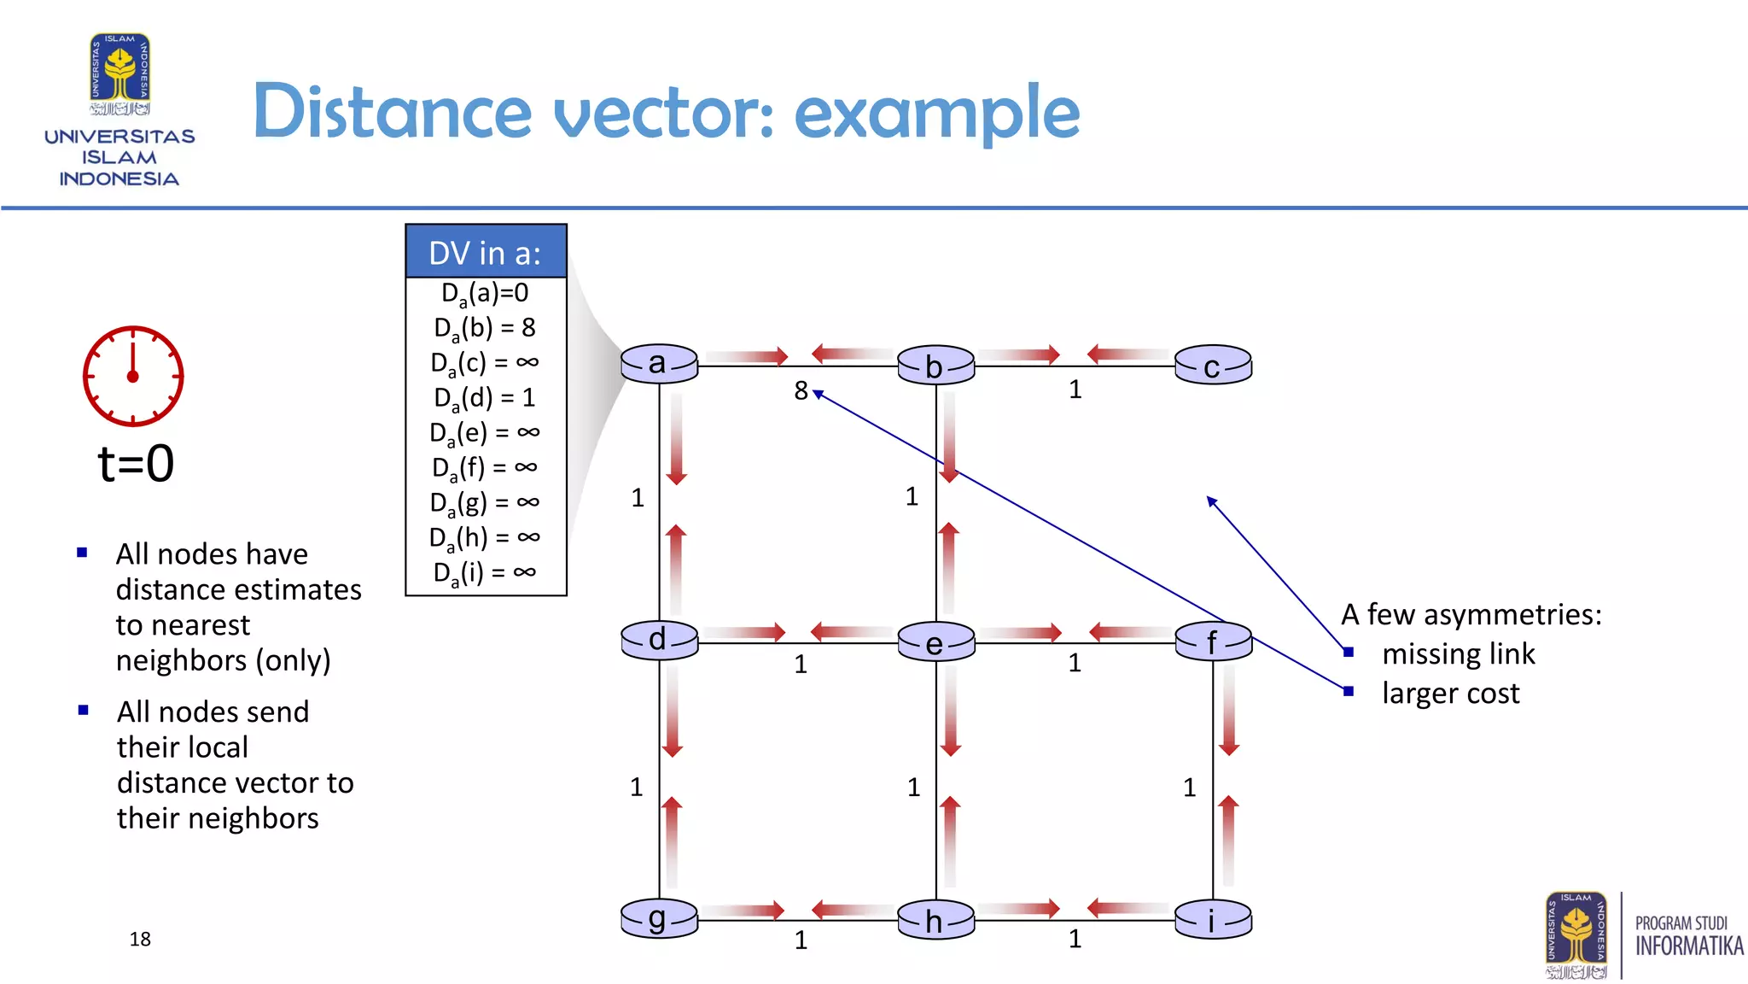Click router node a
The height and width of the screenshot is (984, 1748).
[659, 365]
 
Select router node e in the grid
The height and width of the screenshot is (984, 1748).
[935, 642]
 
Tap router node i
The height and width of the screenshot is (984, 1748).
[1213, 920]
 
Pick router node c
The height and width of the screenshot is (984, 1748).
[1213, 366]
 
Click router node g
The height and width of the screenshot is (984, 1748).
[659, 919]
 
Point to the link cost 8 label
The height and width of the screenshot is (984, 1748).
[801, 391]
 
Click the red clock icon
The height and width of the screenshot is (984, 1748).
[132, 376]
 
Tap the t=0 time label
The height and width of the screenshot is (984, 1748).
[136, 464]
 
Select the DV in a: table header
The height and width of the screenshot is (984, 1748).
[486, 253]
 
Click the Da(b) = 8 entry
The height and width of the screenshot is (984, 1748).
[485, 328]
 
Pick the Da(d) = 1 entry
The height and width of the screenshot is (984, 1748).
[485, 398]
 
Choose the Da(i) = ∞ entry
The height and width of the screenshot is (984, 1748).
[485, 573]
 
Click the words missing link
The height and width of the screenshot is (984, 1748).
[1458, 654]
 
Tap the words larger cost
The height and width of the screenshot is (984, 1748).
[1450, 694]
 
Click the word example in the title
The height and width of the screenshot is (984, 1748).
[936, 113]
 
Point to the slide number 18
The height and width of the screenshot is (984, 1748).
[140, 940]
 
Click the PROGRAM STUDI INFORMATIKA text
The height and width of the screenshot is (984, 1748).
[1688, 936]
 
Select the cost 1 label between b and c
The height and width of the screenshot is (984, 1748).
[1075, 390]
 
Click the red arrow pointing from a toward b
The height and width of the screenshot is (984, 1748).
[747, 356]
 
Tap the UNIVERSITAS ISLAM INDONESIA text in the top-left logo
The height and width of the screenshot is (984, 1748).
[119, 158]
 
